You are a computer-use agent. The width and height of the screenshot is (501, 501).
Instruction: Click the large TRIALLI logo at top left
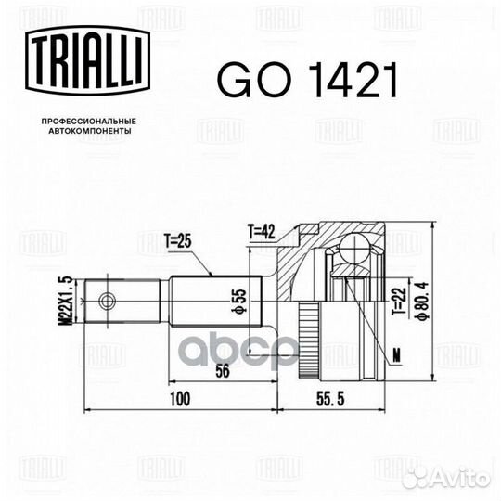(x=88, y=60)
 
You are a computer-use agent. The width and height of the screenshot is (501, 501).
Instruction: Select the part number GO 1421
(x=308, y=80)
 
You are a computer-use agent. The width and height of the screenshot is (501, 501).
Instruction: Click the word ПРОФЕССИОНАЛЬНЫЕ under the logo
(x=89, y=122)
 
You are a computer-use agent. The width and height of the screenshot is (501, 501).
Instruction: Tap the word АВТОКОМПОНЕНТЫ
(x=90, y=131)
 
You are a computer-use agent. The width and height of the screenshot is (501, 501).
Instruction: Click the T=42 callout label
(x=261, y=232)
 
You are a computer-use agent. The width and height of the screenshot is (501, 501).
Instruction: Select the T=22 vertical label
(x=400, y=302)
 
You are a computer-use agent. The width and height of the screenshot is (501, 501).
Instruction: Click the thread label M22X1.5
(x=66, y=302)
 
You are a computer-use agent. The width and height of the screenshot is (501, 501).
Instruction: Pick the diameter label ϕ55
(x=240, y=301)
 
